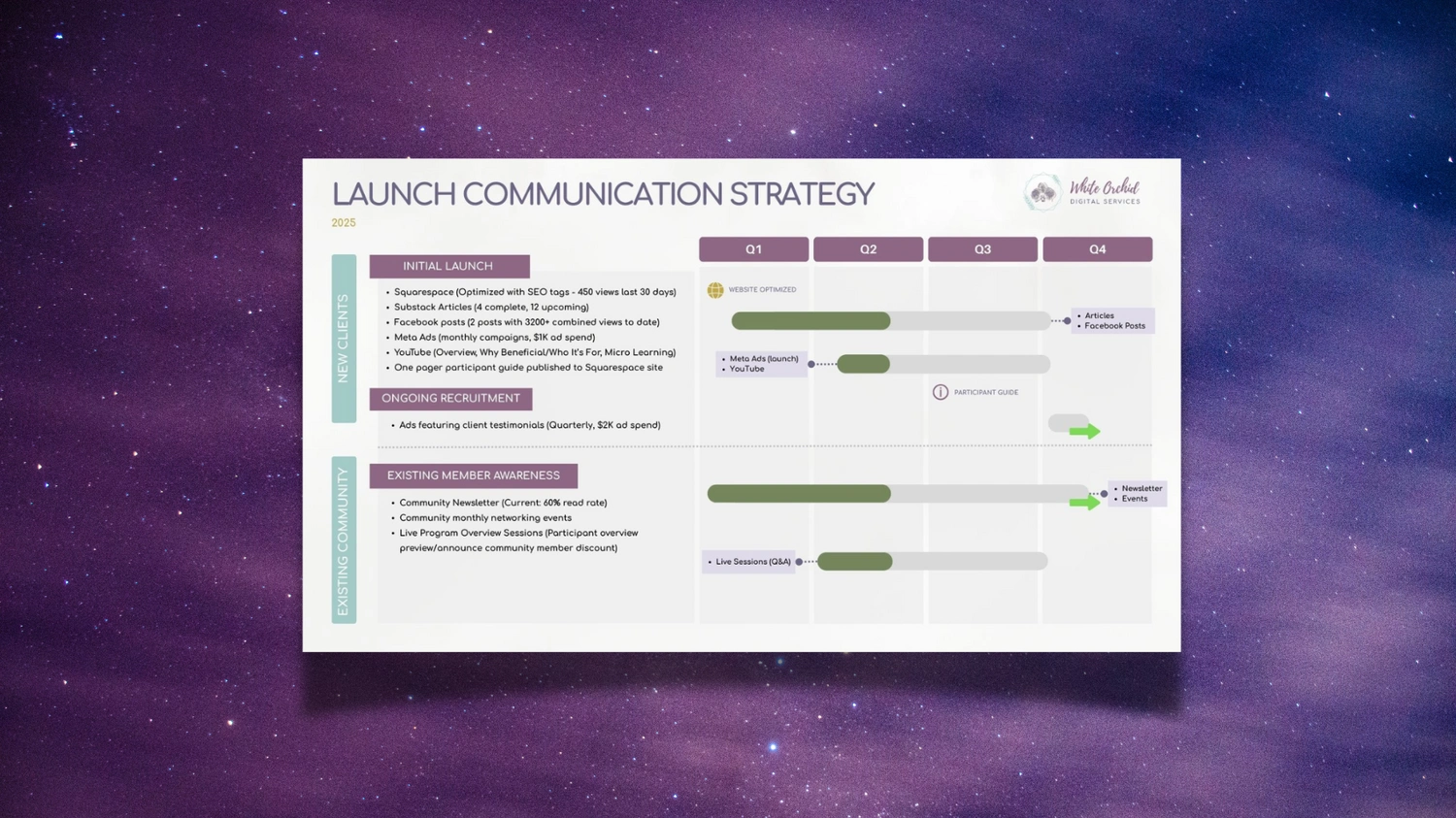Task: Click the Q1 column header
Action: (x=753, y=249)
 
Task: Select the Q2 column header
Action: (x=868, y=249)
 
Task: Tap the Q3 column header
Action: (x=982, y=249)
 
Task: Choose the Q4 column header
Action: (x=1097, y=249)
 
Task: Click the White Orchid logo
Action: (x=1082, y=192)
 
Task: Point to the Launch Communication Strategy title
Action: (x=603, y=195)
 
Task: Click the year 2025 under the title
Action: (x=344, y=223)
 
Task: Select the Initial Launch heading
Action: (x=448, y=266)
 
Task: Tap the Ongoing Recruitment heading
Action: (x=450, y=399)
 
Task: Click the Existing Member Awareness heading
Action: (x=473, y=475)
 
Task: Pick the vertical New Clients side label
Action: (x=344, y=339)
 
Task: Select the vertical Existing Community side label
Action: (x=344, y=540)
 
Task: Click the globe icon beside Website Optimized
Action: (x=715, y=290)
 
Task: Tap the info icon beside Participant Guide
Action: (x=941, y=392)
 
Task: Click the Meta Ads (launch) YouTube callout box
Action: (x=761, y=364)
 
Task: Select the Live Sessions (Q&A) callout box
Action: (x=748, y=562)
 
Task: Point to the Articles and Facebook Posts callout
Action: (x=1112, y=321)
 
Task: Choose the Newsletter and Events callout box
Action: (x=1138, y=494)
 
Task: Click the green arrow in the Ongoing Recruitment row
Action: (x=1085, y=431)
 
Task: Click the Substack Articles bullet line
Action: (x=491, y=308)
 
